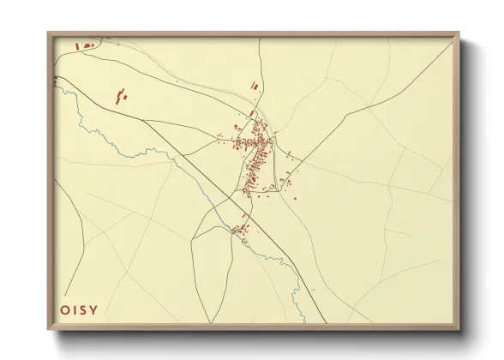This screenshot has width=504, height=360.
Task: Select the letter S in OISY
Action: pos(82,310)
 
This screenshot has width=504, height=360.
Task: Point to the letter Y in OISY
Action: pos(93,310)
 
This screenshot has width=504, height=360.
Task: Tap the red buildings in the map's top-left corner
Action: pos(87,45)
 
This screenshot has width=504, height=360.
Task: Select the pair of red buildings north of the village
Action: pos(255,84)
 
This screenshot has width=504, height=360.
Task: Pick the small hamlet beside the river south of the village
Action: pos(239,228)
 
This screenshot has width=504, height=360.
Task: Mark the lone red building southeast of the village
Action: pos(295,199)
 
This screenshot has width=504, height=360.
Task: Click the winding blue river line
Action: pos(129,147)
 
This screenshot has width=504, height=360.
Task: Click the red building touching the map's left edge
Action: pos(56,80)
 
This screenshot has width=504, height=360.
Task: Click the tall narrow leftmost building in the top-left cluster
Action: pos(77,47)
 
